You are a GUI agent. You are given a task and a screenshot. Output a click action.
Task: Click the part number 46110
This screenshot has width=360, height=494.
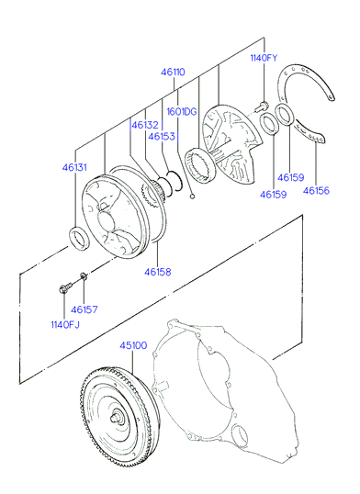coord(173,73)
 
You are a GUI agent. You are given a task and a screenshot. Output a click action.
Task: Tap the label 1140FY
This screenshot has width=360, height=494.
coord(264,58)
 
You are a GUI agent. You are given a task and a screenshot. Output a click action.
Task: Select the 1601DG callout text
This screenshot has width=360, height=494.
coord(182,111)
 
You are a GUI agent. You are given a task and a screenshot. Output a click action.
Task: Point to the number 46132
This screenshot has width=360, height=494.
coord(145,125)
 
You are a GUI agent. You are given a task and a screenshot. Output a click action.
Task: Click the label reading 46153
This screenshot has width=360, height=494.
coord(162,137)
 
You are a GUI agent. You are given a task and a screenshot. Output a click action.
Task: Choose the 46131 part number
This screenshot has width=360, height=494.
coord(74,167)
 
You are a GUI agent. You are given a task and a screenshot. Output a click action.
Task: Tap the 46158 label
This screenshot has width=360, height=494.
coord(158,272)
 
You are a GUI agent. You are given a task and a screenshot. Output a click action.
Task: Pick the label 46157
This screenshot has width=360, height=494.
coord(84,309)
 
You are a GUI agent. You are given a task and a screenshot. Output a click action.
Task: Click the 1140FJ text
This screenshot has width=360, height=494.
coord(65,324)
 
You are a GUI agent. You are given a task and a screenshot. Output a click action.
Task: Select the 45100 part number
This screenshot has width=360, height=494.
coord(133,345)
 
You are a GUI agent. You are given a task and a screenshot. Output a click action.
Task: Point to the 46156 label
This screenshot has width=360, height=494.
coord(316,191)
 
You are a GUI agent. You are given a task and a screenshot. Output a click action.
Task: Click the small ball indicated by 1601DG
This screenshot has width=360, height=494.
coord(192,196)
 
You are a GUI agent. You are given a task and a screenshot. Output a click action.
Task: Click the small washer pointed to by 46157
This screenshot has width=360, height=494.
coord(84,276)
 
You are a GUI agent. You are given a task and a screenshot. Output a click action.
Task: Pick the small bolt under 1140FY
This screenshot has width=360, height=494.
coord(262,107)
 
